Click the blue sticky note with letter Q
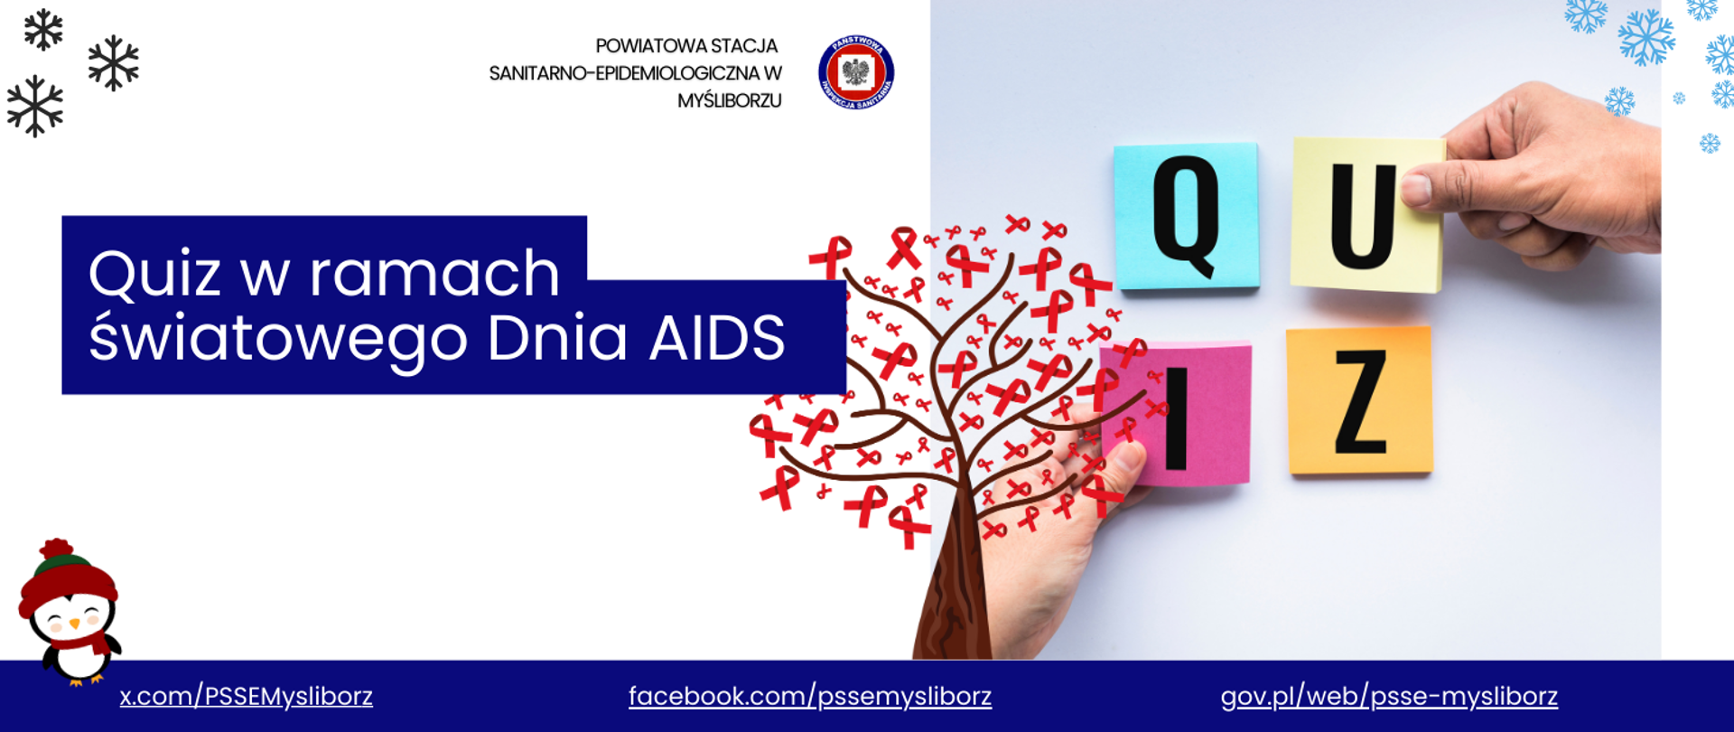pos(1186,216)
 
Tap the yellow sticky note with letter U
pos(1366,215)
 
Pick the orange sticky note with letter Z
pos(1359,400)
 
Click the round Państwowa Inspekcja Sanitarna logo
pos(856,72)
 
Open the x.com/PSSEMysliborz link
pos(247,697)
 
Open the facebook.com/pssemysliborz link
pos(810,697)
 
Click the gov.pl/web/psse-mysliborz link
pos(1389,697)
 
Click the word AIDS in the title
pos(717,339)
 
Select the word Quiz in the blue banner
pos(154,275)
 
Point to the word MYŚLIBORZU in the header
pos(730,101)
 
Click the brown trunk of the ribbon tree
pos(952,587)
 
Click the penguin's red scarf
pos(79,643)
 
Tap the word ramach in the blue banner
pos(435,274)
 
